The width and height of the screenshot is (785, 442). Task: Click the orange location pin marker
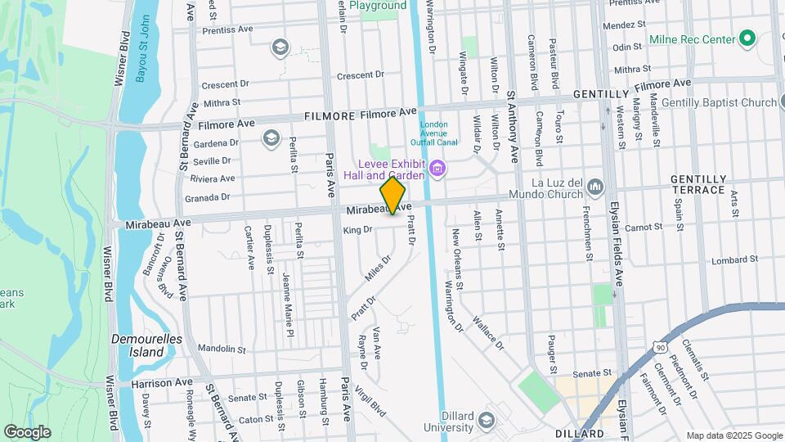[392, 195]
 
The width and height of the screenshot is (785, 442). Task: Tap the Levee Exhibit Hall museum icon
[438, 170]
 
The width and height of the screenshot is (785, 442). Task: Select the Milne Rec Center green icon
[747, 38]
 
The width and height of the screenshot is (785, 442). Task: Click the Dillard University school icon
[487, 421]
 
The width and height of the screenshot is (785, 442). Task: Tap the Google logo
[26, 431]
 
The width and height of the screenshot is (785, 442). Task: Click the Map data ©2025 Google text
[733, 435]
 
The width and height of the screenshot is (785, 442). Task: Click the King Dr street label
[357, 230]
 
